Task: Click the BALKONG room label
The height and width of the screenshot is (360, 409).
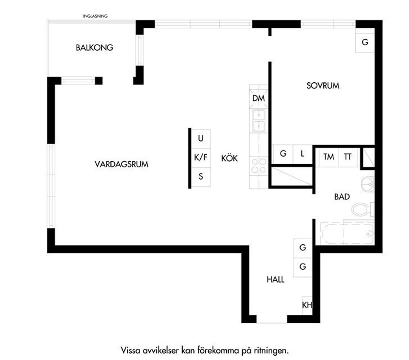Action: coord(95,48)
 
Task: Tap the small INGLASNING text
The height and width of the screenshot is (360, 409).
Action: coord(95,16)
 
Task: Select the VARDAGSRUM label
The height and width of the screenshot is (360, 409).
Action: coord(121,164)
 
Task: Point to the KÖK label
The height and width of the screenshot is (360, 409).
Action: coord(229,158)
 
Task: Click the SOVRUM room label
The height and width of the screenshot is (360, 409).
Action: coord(323,86)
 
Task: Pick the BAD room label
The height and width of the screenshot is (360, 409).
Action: coord(342,197)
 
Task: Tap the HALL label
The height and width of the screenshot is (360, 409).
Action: coord(276,280)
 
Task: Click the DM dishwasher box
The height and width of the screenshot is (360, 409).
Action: coord(259,99)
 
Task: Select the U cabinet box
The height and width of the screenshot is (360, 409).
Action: coord(201,138)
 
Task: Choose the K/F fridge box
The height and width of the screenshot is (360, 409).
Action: coord(201,157)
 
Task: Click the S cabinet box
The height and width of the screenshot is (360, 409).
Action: coord(201,177)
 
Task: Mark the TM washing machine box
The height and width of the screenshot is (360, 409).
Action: coord(328,157)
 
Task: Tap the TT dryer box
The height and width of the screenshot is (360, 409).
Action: coord(348,157)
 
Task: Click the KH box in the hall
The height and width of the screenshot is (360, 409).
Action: coord(307,305)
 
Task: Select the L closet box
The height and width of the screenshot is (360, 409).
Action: coord(302,154)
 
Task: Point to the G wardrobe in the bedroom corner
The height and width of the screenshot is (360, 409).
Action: coord(365,43)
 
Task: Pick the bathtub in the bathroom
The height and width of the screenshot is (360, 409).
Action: coord(347,233)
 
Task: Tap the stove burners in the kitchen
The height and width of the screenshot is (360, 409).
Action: coord(259,165)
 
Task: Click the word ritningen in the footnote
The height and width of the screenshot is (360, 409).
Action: coord(272,351)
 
